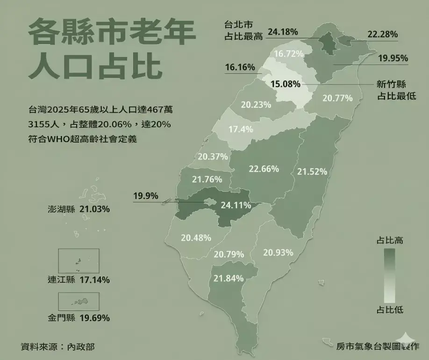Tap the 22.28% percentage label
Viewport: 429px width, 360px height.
pyautogui.click(x=382, y=34)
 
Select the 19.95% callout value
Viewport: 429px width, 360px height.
pyautogui.click(x=393, y=58)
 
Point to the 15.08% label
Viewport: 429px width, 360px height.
pyautogui.click(x=286, y=84)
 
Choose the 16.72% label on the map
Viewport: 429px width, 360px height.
pyautogui.click(x=289, y=54)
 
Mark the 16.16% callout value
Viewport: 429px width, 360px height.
pyautogui.click(x=240, y=67)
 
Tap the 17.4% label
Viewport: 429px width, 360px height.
pyautogui.click(x=241, y=129)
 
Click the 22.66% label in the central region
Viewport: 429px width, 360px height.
pyautogui.click(x=264, y=168)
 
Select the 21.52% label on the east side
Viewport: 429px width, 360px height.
pyautogui.click(x=312, y=172)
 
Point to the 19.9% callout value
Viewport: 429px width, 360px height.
pyautogui.click(x=145, y=195)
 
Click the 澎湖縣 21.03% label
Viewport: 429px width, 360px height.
pyautogui.click(x=79, y=209)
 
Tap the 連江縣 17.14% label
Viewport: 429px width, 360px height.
pyautogui.click(x=79, y=280)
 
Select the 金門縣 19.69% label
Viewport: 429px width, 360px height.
pyautogui.click(x=79, y=318)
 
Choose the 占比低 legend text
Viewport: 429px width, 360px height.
pyautogui.click(x=390, y=310)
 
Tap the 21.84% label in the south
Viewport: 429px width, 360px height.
pyautogui.click(x=229, y=278)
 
